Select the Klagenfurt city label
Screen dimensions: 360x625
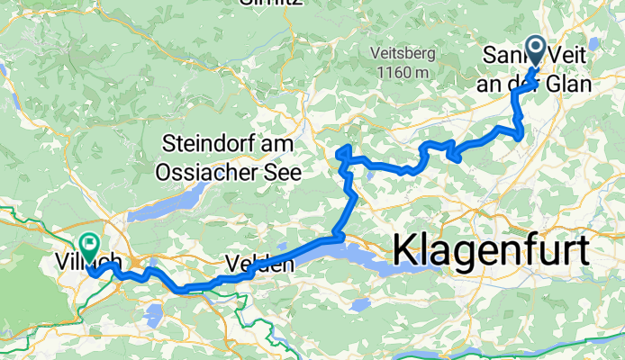pyautogui.click(x=491, y=247)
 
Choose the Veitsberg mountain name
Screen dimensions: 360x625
pyautogui.click(x=403, y=52)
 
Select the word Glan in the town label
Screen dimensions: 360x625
pyautogui.click(x=570, y=85)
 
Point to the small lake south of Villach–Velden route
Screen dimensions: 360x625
pyautogui.click(x=154, y=313)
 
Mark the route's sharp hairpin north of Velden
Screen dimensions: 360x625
pyautogui.click(x=340, y=155)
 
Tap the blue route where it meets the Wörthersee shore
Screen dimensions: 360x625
pyautogui.click(x=335, y=238)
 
